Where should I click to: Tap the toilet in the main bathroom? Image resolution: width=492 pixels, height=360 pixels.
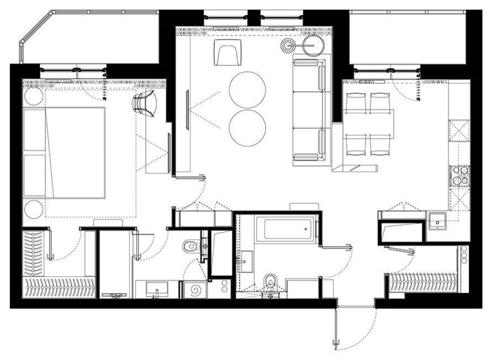pyautogui.click(x=269, y=282)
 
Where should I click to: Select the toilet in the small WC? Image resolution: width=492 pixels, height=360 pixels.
pyautogui.click(x=191, y=246)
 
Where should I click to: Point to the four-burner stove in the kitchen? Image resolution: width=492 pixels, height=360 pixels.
pyautogui.click(x=461, y=176)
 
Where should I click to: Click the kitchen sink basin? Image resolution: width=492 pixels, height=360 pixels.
pyautogui.click(x=437, y=222)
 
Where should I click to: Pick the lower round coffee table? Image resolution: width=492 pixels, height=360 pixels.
pyautogui.click(x=247, y=128)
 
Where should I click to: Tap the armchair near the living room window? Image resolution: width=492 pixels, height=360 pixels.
pyautogui.click(x=226, y=52)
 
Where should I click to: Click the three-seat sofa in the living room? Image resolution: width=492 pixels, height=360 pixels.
pyautogui.click(x=310, y=110)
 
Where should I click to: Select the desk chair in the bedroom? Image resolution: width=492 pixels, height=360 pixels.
pyautogui.click(x=145, y=104)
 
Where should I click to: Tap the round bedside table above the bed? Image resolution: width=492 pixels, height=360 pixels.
pyautogui.click(x=33, y=97)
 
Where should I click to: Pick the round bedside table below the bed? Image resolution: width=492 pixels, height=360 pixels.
pyautogui.click(x=33, y=210)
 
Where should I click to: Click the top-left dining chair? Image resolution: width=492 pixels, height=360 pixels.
pyautogui.click(x=356, y=103)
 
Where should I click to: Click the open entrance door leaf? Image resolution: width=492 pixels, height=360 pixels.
pyautogui.click(x=335, y=326)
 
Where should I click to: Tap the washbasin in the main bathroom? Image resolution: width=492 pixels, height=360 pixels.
pyautogui.click(x=246, y=261)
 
